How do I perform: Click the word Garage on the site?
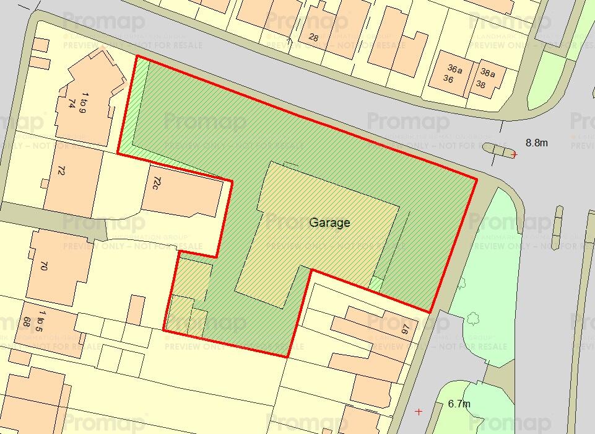[x=329, y=223]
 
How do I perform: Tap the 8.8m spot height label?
[x=537, y=143]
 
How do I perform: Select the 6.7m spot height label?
[x=459, y=404]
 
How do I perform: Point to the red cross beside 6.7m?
[x=419, y=411]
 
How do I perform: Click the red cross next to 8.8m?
[x=514, y=154]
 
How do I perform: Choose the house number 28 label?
[x=313, y=38]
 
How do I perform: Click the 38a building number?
[x=488, y=73]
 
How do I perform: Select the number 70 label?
[x=44, y=266]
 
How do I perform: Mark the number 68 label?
[x=27, y=321]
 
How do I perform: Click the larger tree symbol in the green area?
[x=474, y=319]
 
